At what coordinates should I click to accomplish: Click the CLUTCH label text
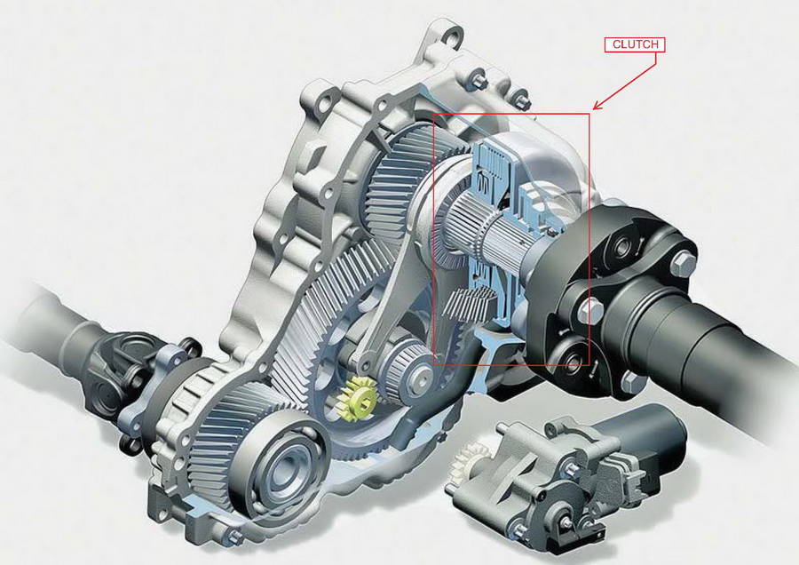635,44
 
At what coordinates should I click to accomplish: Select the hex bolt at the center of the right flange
590,310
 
